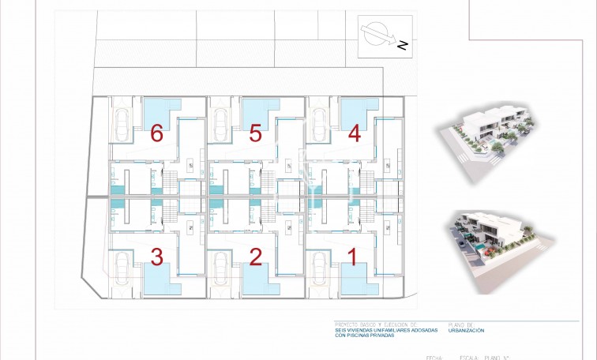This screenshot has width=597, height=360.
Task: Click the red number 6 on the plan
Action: tap(156, 133)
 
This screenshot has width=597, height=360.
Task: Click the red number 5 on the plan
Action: tap(255, 133)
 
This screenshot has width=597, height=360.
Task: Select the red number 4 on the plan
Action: tap(354, 133)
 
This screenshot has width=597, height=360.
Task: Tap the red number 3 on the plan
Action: tap(156, 256)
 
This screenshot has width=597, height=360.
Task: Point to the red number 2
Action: tap(255, 256)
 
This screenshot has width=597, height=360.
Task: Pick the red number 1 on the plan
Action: tap(353, 256)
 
